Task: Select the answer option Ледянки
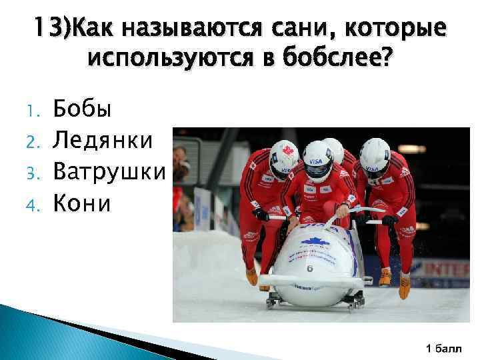[x=103, y=140]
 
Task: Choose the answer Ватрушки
[x=109, y=172]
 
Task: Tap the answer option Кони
[x=82, y=203]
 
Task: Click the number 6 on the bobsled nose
[x=310, y=268]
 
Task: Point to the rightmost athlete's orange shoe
[x=404, y=286]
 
